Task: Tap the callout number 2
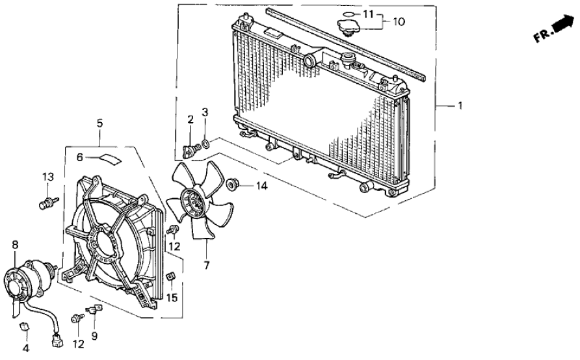point(191,119)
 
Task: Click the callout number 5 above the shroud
point(99,122)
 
